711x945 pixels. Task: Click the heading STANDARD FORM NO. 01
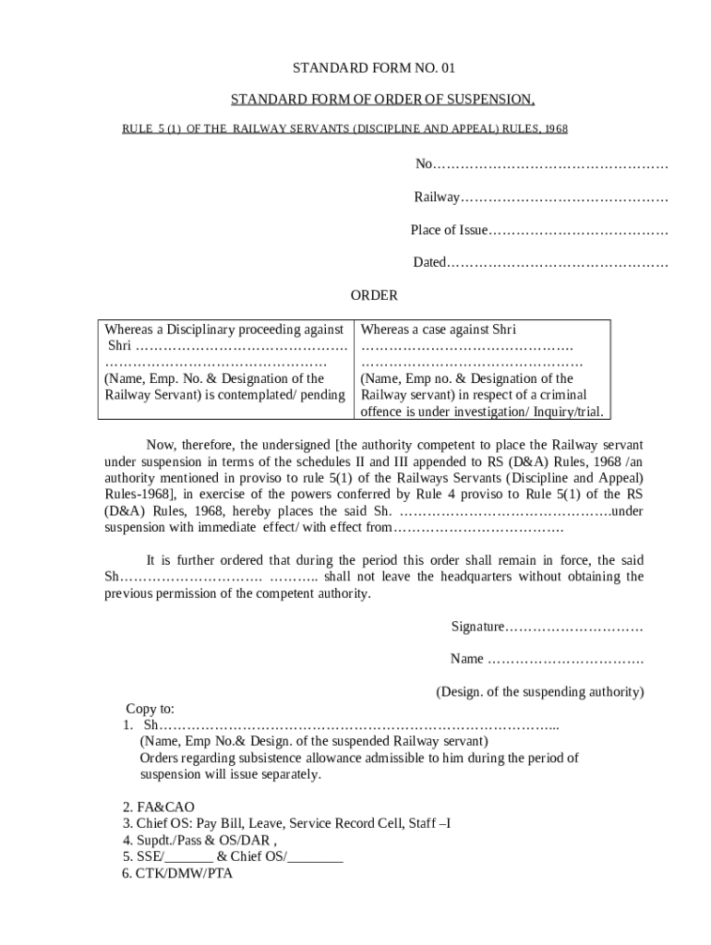pyautogui.click(x=361, y=68)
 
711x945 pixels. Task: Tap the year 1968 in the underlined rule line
pyautogui.click(x=556, y=129)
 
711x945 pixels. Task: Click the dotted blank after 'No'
pyautogui.click(x=550, y=164)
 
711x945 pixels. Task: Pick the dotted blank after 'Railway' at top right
pyautogui.click(x=564, y=197)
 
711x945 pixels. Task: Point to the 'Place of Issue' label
pyautogui.click(x=448, y=230)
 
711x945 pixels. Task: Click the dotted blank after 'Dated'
pyautogui.click(x=558, y=263)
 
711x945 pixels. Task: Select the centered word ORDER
pyautogui.click(x=374, y=296)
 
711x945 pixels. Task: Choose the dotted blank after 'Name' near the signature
pyautogui.click(x=565, y=659)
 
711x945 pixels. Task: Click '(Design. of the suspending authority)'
pyautogui.click(x=539, y=691)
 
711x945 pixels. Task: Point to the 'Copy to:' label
pyautogui.click(x=150, y=709)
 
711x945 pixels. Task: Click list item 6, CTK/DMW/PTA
pyautogui.click(x=177, y=873)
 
